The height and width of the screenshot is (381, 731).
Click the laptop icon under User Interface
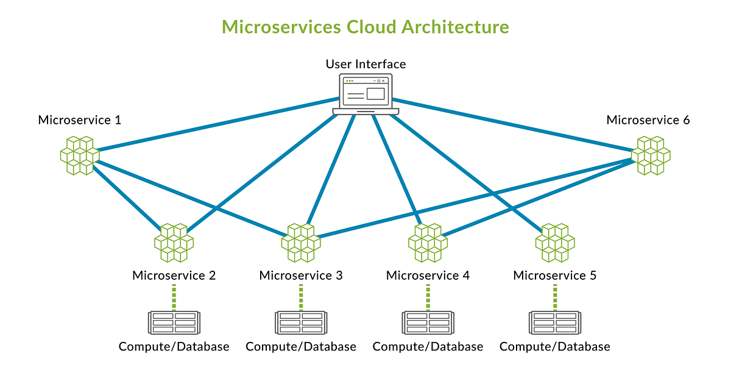coord(365,94)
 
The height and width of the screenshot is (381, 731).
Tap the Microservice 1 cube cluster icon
coord(79,155)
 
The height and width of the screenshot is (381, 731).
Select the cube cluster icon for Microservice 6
coord(651,155)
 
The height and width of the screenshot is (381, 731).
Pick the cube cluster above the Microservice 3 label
coord(301,242)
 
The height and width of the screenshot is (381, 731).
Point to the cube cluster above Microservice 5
coord(555,242)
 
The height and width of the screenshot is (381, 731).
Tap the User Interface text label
coord(365,64)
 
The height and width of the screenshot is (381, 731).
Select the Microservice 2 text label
coord(174,276)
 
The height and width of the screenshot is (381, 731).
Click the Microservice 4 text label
coord(428,276)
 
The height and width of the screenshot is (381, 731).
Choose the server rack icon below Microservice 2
coord(174,322)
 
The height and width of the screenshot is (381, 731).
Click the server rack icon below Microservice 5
coord(555,322)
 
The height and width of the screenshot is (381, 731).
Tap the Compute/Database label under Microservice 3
coord(301,347)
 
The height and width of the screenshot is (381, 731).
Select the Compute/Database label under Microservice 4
coord(428,347)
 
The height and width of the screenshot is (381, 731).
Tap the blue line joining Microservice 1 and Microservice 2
coord(125,194)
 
